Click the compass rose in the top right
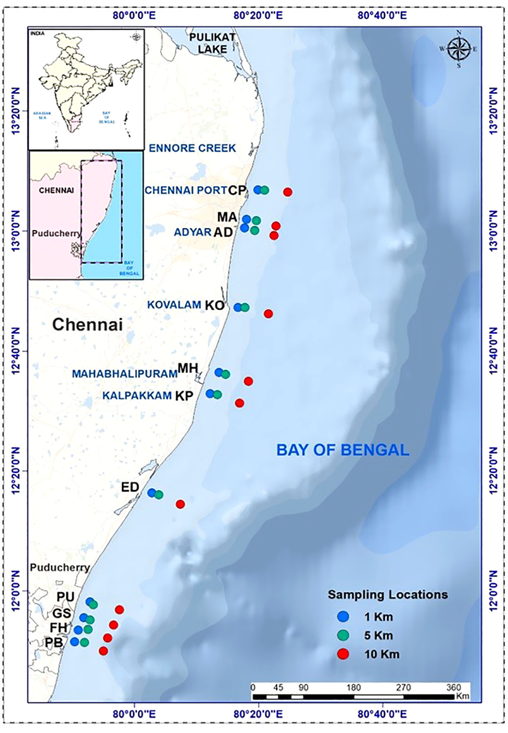[459, 49]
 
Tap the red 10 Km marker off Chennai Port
[288, 192]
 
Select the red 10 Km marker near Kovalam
[268, 314]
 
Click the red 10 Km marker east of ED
[180, 504]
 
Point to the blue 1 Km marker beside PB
[75, 641]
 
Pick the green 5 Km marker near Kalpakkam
[218, 395]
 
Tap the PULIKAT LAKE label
[212, 43]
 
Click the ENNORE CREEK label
[193, 148]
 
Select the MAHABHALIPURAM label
[125, 374]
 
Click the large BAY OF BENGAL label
[343, 450]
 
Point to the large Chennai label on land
[88, 325]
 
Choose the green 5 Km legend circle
[343, 636]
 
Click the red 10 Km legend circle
[343, 654]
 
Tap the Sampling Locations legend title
[388, 595]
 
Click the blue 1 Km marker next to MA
[246, 219]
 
